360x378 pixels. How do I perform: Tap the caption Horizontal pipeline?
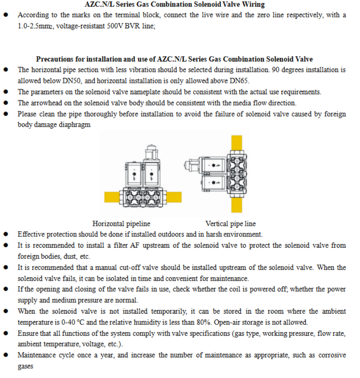point(121,224)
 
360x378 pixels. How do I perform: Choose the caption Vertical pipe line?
point(230,224)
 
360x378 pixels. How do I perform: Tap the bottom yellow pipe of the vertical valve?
point(237,205)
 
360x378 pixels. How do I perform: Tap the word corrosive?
point(332,355)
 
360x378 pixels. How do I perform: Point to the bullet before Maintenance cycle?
point(6,355)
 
